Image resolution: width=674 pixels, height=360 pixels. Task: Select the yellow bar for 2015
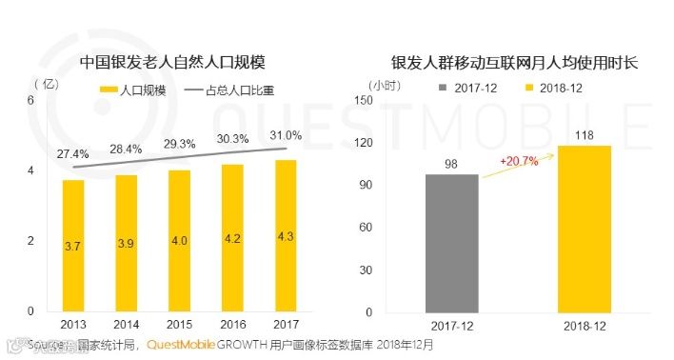(x=179, y=240)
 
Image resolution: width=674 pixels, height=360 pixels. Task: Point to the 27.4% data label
(x=73, y=153)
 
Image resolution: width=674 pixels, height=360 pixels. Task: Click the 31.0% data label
(x=286, y=134)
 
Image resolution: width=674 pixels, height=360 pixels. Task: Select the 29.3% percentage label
(x=179, y=144)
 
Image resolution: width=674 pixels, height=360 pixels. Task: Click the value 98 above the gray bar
(x=451, y=164)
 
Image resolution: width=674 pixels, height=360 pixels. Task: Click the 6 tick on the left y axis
(x=30, y=101)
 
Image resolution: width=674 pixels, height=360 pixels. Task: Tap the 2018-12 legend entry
(x=558, y=88)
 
